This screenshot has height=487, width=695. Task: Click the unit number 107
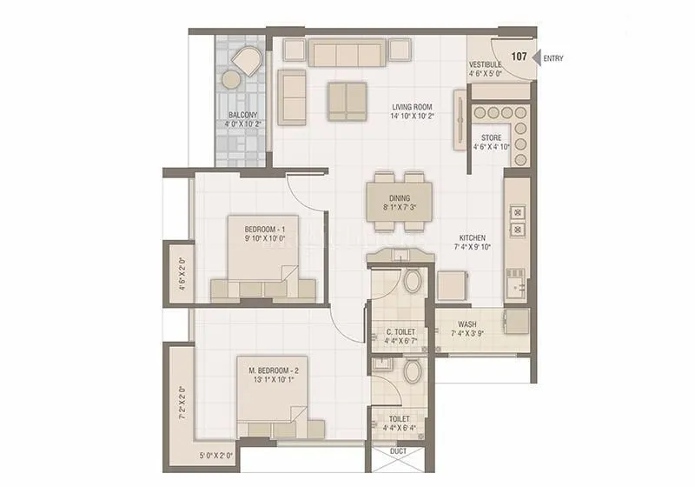click(x=519, y=57)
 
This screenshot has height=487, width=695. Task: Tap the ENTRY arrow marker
click(x=537, y=58)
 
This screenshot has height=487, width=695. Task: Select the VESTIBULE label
click(x=486, y=65)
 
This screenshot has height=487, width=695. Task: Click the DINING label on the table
click(x=399, y=197)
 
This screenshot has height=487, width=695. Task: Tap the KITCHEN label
click(x=473, y=238)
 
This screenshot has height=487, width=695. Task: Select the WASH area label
click(x=467, y=324)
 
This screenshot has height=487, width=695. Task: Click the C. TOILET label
click(x=400, y=332)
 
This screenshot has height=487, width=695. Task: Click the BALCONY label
click(x=242, y=115)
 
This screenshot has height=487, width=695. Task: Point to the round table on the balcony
click(x=231, y=80)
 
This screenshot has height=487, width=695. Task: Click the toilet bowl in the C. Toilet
click(x=413, y=281)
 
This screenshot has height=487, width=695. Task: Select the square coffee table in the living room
click(x=347, y=100)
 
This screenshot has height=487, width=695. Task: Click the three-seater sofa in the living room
click(x=347, y=54)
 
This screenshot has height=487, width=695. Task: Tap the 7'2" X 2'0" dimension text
click(x=182, y=402)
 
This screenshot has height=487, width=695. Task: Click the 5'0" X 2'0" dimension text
click(x=215, y=456)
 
